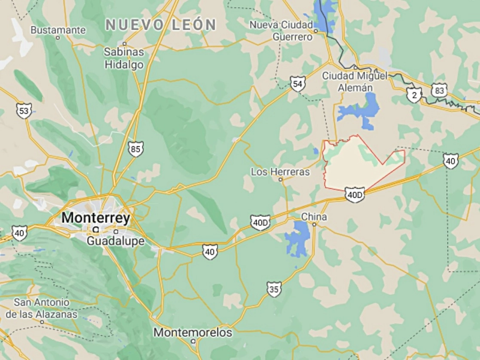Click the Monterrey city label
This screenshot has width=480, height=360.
[x=95, y=218]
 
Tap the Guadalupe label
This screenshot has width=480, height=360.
[x=116, y=241]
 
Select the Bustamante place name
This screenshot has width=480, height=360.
[x=58, y=31]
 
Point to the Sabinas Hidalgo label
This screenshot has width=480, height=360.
[x=124, y=58]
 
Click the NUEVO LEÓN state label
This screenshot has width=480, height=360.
[x=160, y=25]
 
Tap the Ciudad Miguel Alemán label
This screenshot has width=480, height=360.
[x=355, y=81]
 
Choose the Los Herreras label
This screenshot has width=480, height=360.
[x=280, y=172]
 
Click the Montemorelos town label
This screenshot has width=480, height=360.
[x=193, y=332]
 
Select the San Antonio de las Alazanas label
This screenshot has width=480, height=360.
[x=42, y=308]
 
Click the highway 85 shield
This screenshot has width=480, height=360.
[x=135, y=149]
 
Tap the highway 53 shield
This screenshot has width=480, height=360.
[x=24, y=111]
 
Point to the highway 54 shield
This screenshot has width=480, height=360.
[x=297, y=84]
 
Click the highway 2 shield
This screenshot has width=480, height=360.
[x=414, y=95]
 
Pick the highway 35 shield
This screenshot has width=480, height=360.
[x=274, y=289]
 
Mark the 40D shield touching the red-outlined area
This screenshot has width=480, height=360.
[x=355, y=195]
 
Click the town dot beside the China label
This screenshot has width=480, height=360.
[x=314, y=225]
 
